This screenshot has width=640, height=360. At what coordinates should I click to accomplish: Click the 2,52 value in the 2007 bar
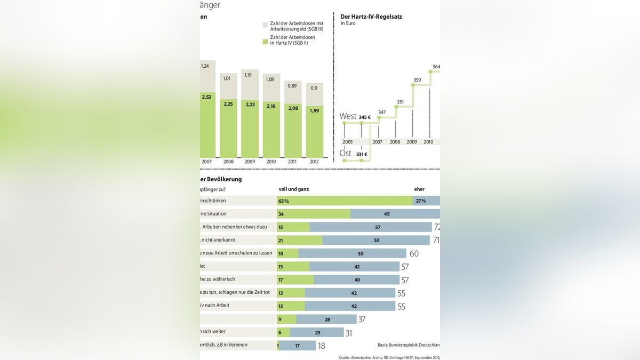[x=206, y=97]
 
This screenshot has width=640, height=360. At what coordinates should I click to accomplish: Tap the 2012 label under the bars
[x=314, y=161]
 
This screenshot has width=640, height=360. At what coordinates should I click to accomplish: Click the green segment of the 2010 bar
[x=271, y=131]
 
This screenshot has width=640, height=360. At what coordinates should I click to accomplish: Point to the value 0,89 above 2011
[x=292, y=85]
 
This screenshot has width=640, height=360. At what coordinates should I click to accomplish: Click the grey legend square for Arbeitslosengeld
[x=265, y=25]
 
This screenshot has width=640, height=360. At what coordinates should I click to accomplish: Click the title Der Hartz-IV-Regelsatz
[x=371, y=17]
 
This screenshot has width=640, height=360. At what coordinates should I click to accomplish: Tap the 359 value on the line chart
[x=417, y=81]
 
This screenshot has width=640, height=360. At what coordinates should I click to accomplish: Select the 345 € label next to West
[x=365, y=117]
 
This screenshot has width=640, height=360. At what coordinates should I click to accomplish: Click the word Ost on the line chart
[x=346, y=154]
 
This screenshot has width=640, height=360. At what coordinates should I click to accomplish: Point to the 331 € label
[x=363, y=155]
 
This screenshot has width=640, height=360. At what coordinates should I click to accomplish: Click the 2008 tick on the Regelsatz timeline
[x=395, y=142]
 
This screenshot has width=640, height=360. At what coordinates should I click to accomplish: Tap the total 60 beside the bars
[x=414, y=253]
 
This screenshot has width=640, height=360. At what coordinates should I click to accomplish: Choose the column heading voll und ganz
[x=294, y=189]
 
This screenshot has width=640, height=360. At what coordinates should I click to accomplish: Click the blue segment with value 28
[x=326, y=319]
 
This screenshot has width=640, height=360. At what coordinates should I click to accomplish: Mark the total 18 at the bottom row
[x=322, y=346]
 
